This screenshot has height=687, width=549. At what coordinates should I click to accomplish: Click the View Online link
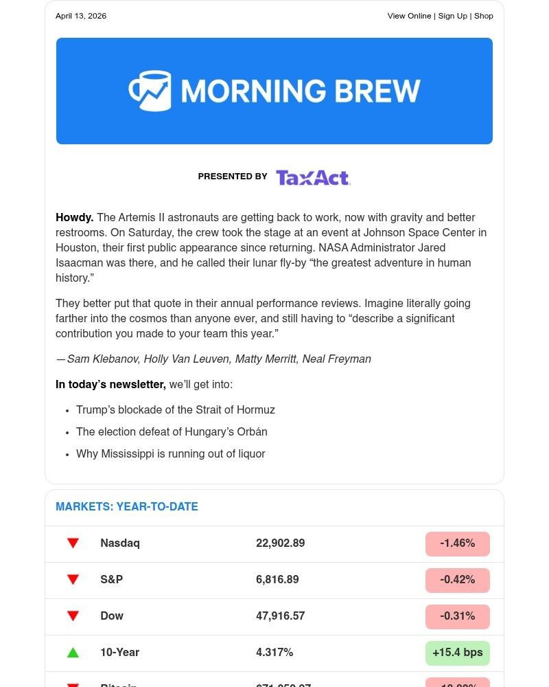click(x=409, y=16)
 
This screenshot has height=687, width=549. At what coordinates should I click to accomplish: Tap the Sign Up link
click(x=452, y=16)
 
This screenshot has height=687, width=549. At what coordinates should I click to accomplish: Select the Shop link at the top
click(x=484, y=16)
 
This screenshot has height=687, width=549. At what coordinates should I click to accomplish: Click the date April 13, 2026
click(x=81, y=16)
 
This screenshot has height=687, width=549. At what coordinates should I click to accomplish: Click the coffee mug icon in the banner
click(x=150, y=91)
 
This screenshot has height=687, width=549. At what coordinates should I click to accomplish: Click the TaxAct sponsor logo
click(x=313, y=177)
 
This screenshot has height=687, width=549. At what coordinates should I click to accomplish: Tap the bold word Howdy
click(x=74, y=218)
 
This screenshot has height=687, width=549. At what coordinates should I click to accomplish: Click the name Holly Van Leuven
click(x=185, y=359)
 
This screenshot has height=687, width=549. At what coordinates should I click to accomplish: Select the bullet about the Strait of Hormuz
click(x=175, y=410)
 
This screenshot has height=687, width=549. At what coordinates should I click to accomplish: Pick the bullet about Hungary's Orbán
click(x=172, y=432)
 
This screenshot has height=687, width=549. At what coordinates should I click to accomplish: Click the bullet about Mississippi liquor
click(x=170, y=454)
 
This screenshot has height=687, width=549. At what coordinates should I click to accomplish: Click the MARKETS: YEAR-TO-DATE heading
click(x=127, y=507)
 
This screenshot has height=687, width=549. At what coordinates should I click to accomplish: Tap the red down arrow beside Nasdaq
click(x=73, y=543)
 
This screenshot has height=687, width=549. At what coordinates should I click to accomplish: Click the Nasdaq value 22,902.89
click(x=280, y=543)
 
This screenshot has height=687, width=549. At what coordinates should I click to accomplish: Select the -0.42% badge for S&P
click(x=457, y=580)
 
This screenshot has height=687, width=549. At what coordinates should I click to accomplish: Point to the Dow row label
click(x=112, y=616)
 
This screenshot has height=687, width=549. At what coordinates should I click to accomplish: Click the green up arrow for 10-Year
click(x=73, y=653)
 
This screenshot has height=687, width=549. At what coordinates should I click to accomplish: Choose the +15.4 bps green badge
click(x=457, y=653)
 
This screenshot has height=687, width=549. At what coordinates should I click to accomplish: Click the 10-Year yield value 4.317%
click(x=274, y=653)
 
